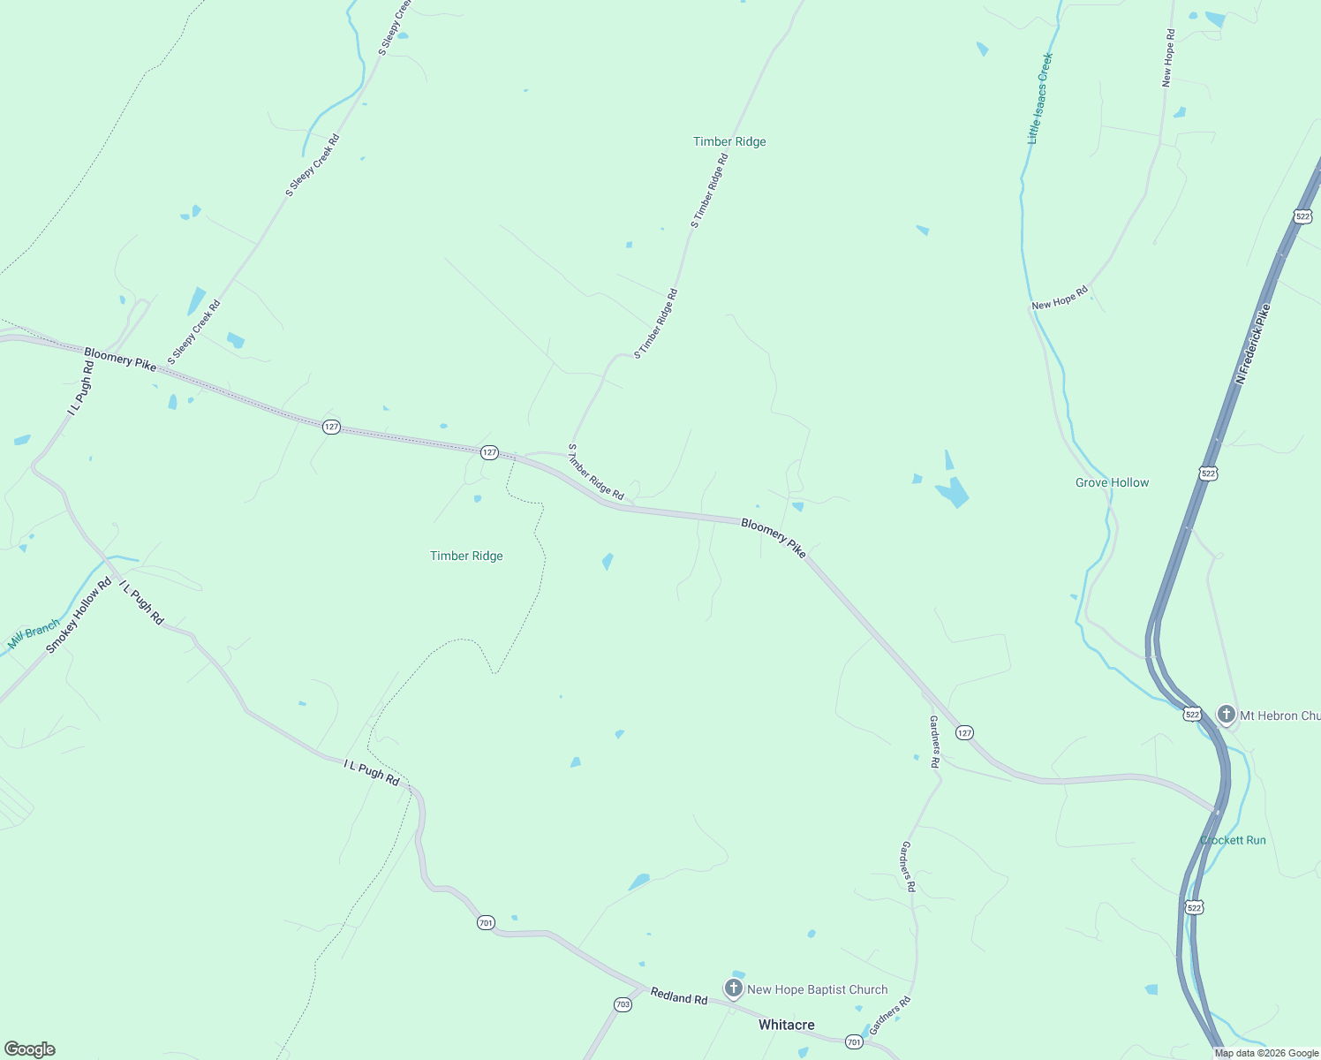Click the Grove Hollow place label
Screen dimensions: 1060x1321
(x=1112, y=482)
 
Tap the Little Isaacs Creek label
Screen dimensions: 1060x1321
(x=1040, y=98)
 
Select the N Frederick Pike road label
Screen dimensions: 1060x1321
(x=1253, y=344)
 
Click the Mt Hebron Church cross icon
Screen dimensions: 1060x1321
(x=1226, y=714)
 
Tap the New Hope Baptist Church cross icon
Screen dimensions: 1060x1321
(x=733, y=988)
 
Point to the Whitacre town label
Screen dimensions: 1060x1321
(x=786, y=1025)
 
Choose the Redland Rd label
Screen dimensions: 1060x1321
(x=679, y=996)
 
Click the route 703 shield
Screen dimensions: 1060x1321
(x=623, y=1004)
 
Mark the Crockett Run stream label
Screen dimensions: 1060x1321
(x=1233, y=840)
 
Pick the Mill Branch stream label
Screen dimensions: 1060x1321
(x=34, y=634)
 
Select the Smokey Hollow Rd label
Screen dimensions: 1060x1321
(x=79, y=616)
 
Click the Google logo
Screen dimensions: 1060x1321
(x=30, y=1049)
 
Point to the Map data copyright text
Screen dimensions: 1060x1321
(x=1266, y=1053)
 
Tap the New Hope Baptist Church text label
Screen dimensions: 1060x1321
(x=817, y=989)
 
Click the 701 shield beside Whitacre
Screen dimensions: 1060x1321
(x=853, y=1042)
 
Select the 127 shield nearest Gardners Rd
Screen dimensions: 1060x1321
(x=964, y=732)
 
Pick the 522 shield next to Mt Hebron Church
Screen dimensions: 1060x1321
(x=1192, y=714)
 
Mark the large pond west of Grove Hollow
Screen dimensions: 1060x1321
(x=953, y=492)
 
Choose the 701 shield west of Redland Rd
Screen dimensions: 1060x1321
(x=486, y=922)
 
